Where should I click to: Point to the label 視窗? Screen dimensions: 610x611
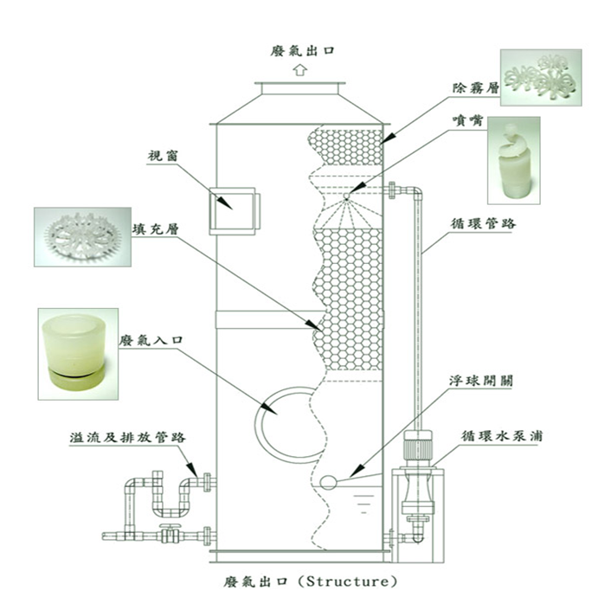tap(163, 158)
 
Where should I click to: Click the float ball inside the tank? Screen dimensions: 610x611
tap(328, 483)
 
